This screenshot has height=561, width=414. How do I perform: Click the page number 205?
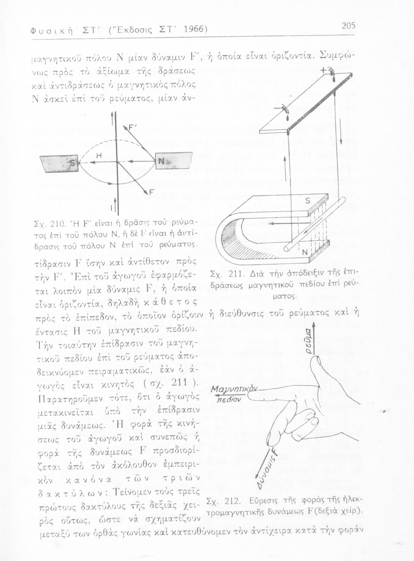point(348,26)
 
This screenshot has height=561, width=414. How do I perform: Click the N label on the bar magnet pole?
point(161,161)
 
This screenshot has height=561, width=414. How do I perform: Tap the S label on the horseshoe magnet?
point(308,201)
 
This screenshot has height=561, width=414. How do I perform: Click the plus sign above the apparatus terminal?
point(323,70)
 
